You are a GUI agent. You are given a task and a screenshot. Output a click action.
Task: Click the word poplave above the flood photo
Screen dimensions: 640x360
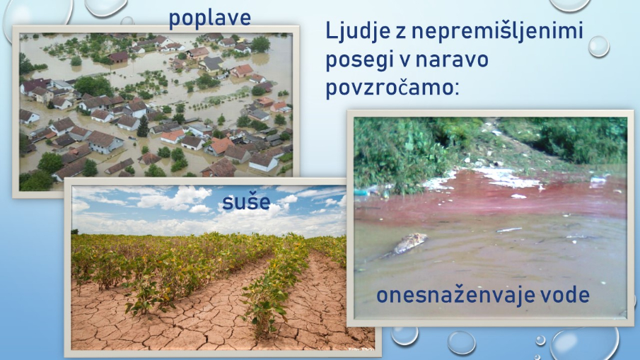[x=210, y=19]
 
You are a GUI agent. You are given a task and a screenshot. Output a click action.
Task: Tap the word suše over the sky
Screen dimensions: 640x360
[x=246, y=202]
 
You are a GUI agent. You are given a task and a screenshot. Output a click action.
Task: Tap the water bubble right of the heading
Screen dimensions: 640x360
[x=598, y=46]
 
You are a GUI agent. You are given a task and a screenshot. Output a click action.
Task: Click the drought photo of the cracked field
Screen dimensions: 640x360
[x=223, y=267]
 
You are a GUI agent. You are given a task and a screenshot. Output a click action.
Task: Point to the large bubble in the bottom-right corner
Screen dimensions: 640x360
[x=585, y=344]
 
